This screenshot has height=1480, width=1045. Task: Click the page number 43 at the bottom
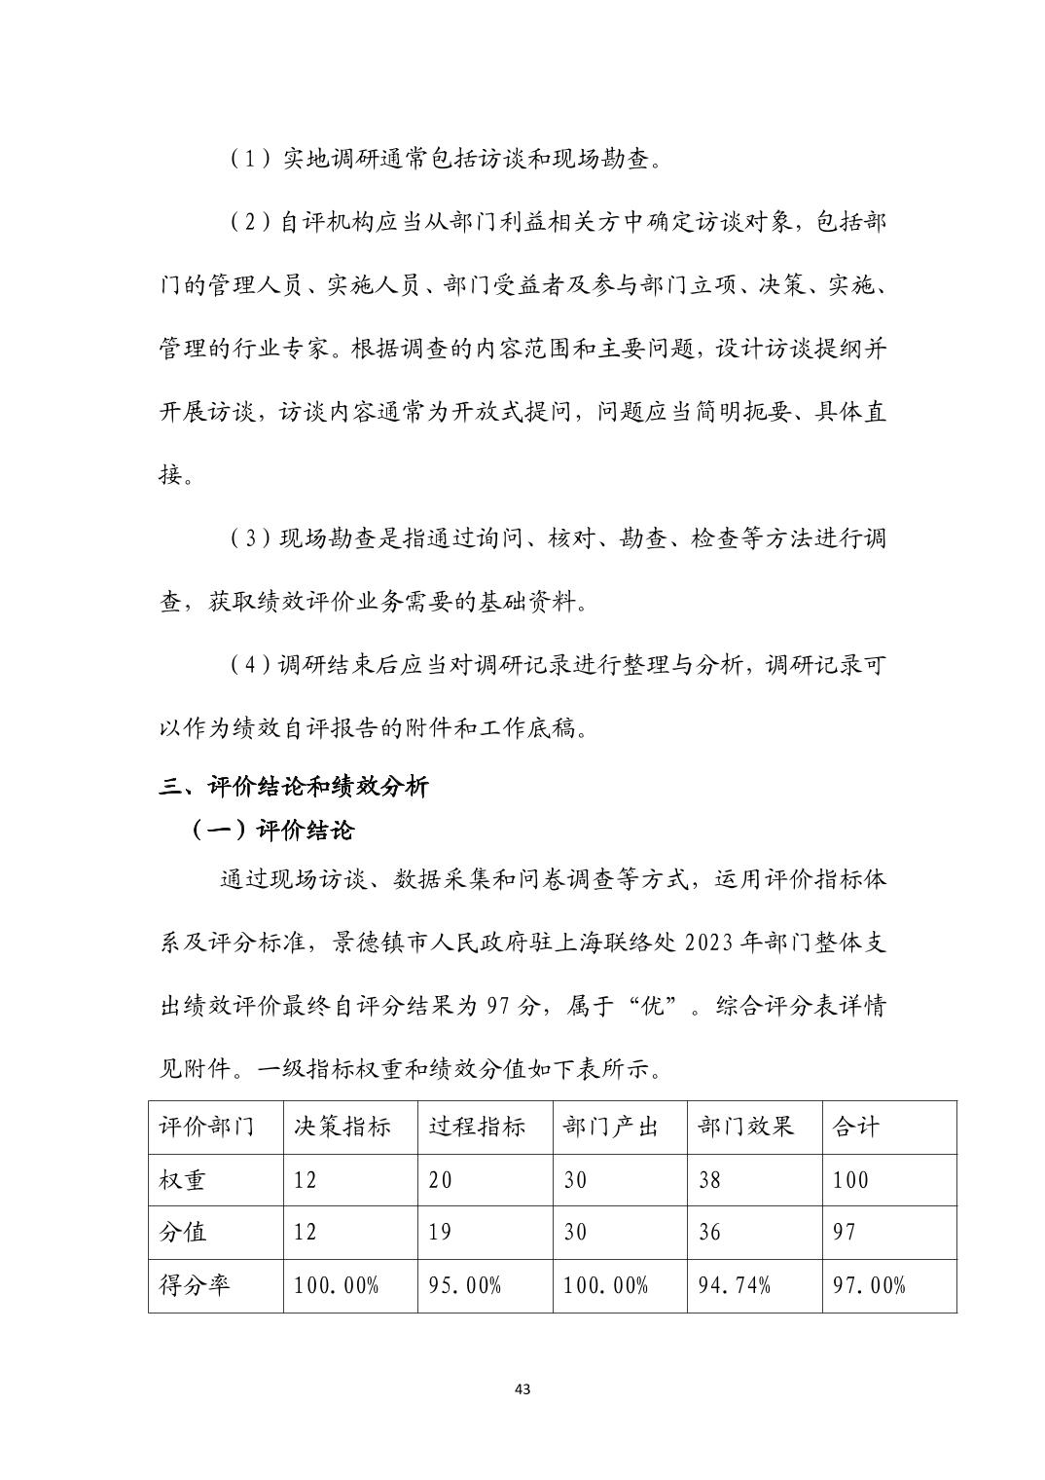click(x=522, y=1388)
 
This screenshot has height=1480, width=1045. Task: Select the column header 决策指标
click(x=342, y=1127)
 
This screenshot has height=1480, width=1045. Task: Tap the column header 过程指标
click(x=477, y=1127)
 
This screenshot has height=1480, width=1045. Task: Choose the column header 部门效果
click(x=746, y=1127)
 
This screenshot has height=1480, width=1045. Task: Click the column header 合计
click(x=856, y=1127)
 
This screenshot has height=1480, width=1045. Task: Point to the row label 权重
click(x=183, y=1180)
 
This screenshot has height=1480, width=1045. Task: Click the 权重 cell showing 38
click(x=710, y=1180)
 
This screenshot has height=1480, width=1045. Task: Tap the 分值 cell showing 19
click(x=441, y=1233)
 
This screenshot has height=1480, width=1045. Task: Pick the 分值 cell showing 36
click(x=710, y=1233)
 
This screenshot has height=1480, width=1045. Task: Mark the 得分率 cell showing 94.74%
click(x=735, y=1285)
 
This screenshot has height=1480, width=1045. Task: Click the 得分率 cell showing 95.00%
click(x=465, y=1285)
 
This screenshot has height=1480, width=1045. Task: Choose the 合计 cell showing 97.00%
click(x=869, y=1285)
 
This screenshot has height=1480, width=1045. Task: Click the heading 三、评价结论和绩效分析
click(x=293, y=787)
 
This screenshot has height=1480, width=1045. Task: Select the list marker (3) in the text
click(x=250, y=538)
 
